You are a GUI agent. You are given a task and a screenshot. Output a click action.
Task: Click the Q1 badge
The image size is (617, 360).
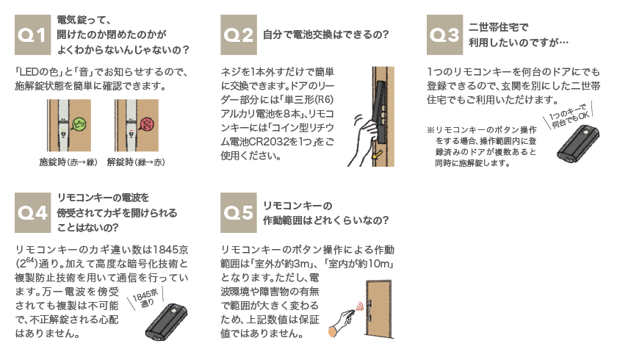point(32,35)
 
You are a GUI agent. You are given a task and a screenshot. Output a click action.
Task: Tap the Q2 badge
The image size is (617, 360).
point(239,35)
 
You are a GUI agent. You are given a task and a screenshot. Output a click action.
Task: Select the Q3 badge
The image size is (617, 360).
point(444,35)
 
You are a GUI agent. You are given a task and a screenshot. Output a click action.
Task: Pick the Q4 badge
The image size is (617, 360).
point(32,212)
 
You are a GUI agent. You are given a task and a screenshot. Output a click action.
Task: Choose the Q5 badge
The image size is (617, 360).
point(239,212)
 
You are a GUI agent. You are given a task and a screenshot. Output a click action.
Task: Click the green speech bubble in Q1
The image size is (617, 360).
point(79,124)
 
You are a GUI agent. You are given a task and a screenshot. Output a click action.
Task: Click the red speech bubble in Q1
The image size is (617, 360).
point(147,124)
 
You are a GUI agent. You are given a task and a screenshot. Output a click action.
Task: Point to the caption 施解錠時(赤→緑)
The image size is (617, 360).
point(68,162)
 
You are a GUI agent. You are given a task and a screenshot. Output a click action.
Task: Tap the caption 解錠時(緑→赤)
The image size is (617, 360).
point(136,162)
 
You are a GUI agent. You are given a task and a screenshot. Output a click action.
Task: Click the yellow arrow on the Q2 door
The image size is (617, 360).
point(377,154)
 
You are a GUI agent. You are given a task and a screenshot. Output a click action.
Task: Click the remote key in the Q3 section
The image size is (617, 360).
point(578,143)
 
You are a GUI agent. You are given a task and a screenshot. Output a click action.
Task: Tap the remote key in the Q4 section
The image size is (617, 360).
point(166,322)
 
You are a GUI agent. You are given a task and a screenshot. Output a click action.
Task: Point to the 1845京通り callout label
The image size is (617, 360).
point(145,298)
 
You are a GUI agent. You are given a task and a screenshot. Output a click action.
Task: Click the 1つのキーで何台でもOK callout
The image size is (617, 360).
point(569,115)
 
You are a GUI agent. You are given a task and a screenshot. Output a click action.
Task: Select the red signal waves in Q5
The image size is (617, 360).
point(359,307)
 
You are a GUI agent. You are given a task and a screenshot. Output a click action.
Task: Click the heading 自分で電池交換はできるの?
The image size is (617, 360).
point(326,35)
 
